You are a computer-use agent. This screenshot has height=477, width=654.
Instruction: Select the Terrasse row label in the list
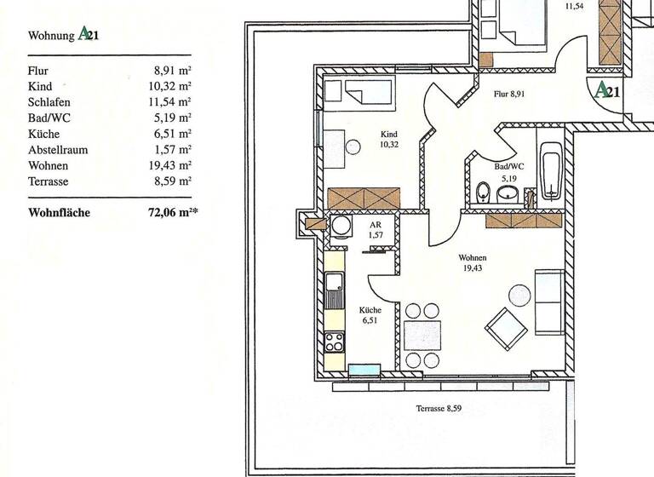point(49,181)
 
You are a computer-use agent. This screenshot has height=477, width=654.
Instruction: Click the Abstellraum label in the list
point(59,150)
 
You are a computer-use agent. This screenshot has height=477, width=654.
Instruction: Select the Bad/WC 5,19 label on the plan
point(508,173)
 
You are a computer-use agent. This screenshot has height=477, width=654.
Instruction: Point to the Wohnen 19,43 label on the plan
point(472,262)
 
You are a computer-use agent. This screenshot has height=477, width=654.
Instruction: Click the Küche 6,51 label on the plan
point(370,315)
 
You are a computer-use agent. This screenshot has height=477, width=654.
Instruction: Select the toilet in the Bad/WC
point(482,191)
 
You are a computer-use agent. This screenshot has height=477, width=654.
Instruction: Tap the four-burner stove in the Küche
point(335,342)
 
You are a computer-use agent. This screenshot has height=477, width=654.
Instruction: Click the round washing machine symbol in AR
point(341,226)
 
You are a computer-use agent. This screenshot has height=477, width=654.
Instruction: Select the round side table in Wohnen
point(519,296)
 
